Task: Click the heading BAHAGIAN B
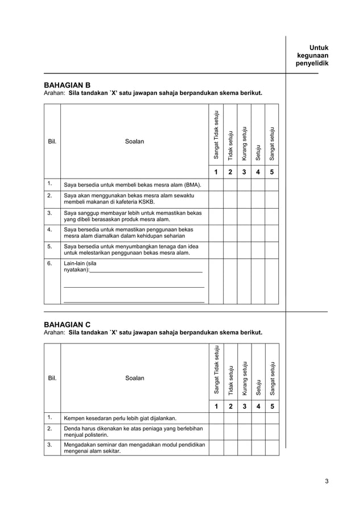[67, 85]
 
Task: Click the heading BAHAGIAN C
[67, 324]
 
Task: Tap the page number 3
[327, 482]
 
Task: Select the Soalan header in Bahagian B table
[134, 141]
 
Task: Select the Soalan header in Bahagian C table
[134, 378]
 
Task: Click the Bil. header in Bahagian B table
[52, 141]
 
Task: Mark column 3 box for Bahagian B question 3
[244, 216]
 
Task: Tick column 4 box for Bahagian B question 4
[258, 233]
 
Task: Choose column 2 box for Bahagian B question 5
[230, 250]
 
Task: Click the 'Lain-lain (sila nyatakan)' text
[80, 267]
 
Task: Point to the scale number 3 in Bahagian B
[244, 172]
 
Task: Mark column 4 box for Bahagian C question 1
[258, 419]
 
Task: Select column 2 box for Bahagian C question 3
[230, 448]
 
